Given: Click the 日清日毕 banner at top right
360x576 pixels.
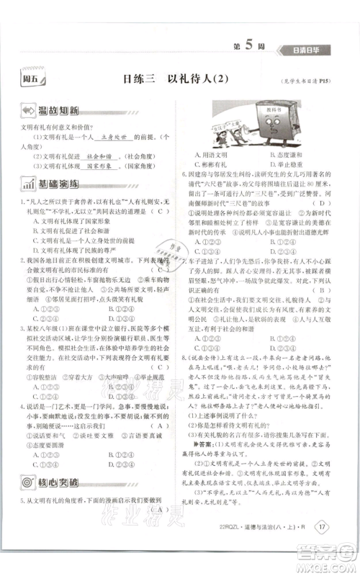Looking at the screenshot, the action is (311, 50).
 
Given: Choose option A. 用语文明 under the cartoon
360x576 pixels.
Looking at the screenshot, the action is (213, 155).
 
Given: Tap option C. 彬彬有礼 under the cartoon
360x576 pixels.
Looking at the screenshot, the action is (213, 165).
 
